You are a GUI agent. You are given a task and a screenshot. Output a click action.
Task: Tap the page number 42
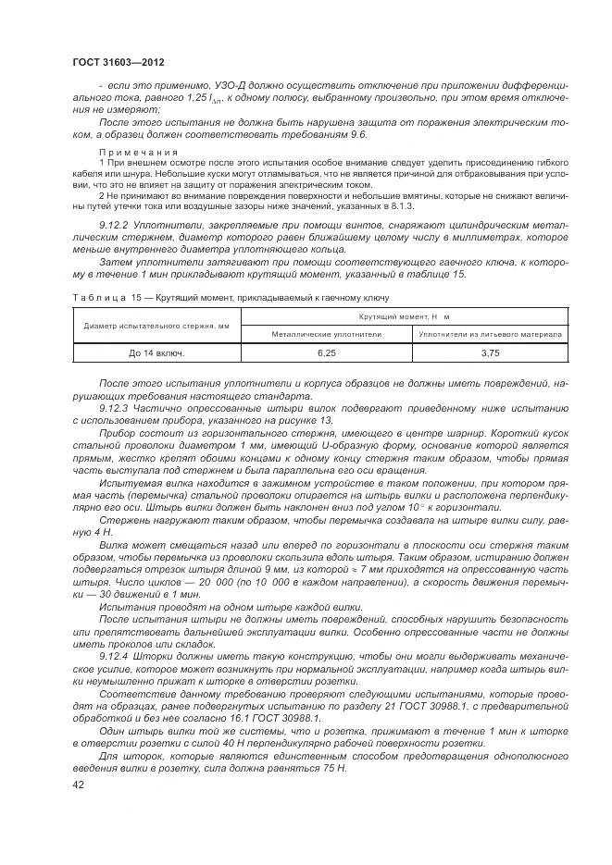(x=79, y=784)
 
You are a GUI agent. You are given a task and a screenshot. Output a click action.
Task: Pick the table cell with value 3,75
(x=490, y=352)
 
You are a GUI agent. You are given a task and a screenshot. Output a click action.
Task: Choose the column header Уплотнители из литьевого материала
(x=490, y=333)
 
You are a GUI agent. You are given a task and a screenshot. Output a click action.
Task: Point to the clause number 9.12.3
(x=115, y=406)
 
